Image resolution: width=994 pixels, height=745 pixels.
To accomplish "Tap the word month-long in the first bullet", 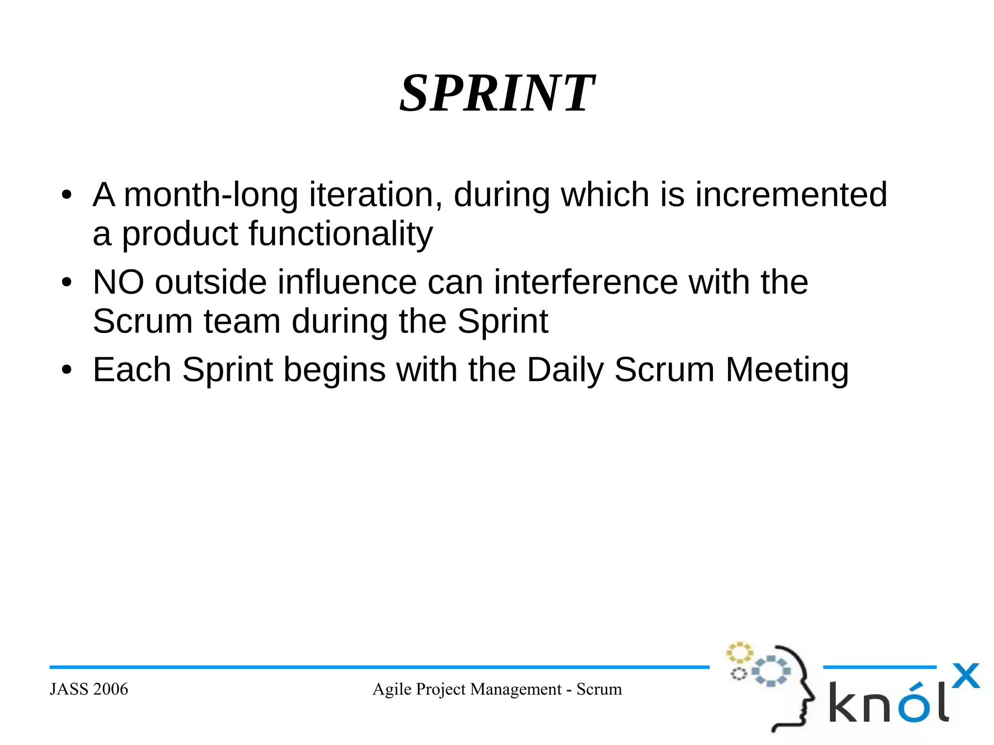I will [211, 195].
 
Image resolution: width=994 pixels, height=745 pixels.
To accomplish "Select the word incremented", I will [791, 195].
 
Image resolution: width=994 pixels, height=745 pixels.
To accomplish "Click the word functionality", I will [340, 234].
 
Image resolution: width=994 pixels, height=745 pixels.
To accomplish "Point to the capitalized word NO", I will [118, 282].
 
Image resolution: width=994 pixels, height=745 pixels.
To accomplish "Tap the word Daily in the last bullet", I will [565, 370].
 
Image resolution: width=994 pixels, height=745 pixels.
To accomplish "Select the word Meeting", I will [787, 370].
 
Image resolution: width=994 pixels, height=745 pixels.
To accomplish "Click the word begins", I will [334, 370].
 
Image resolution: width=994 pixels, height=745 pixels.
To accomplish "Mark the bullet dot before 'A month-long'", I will [66, 196].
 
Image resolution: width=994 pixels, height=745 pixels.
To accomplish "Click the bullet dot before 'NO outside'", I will [66, 283].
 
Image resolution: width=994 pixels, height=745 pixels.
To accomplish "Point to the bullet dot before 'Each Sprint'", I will [66, 371].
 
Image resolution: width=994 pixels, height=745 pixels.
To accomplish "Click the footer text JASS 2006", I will [89, 689].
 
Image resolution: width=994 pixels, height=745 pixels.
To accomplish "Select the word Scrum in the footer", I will [599, 689].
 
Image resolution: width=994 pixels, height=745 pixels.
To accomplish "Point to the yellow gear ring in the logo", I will [739, 653].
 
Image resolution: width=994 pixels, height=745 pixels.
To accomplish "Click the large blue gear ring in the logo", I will [771, 671].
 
